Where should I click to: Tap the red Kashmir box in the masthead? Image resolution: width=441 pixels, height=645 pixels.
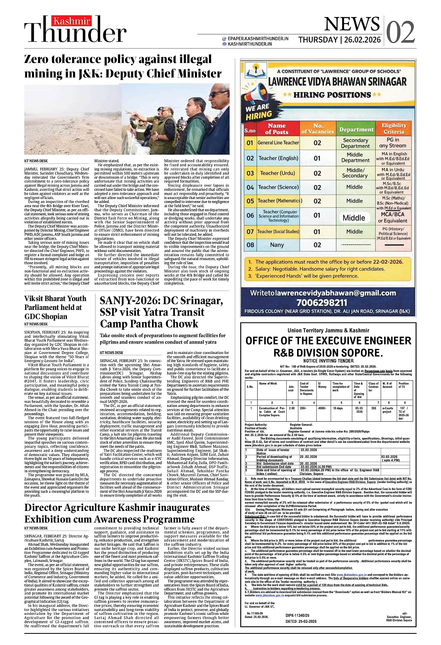tap(72, 21)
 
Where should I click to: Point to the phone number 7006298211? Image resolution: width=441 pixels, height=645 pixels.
tap(322, 303)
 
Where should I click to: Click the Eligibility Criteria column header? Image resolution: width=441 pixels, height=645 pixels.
tap(394, 128)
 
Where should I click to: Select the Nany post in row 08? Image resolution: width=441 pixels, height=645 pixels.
tap(277, 245)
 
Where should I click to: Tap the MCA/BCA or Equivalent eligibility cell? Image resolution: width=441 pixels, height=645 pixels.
tap(392, 218)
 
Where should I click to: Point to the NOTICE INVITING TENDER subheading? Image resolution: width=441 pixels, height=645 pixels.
tap(328, 361)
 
